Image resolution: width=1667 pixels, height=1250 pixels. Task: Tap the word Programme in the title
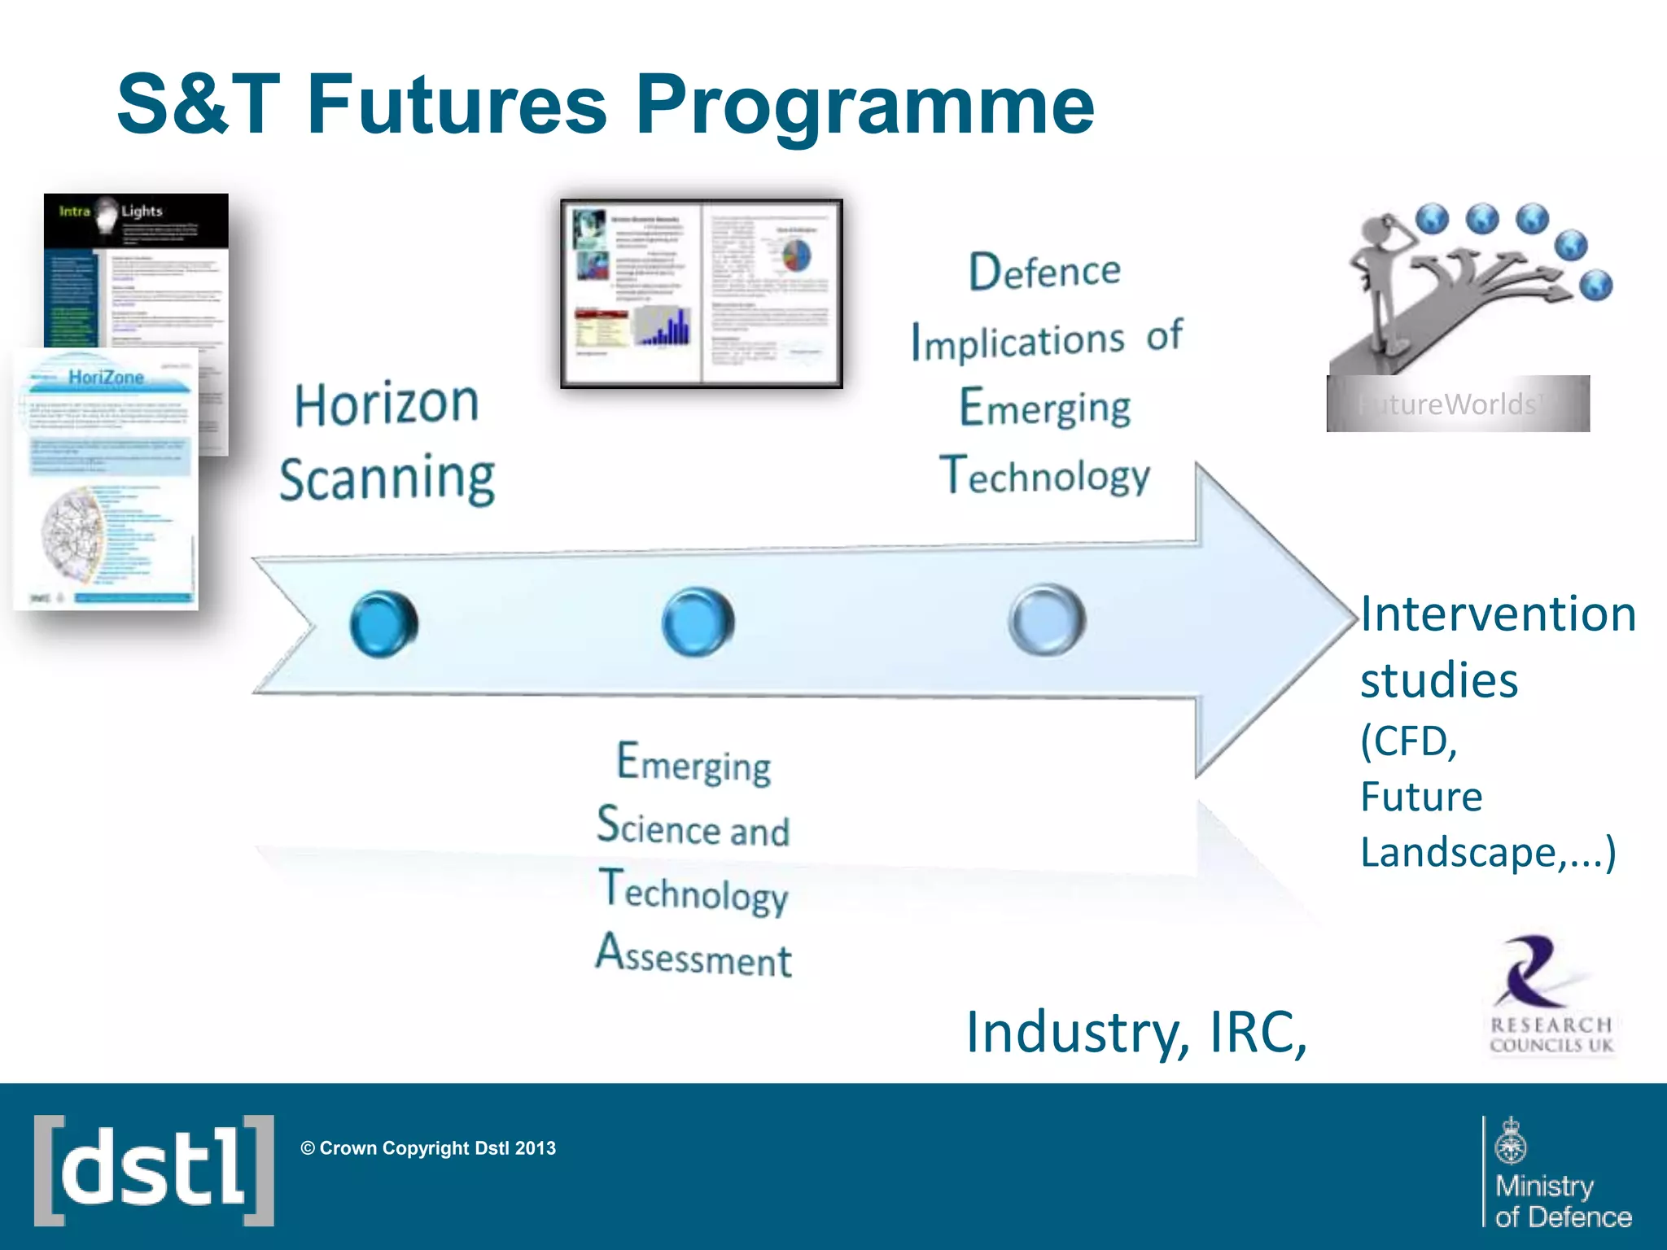point(864,106)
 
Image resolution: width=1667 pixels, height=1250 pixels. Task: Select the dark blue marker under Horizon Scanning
point(383,623)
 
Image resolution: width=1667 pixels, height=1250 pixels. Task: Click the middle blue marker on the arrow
point(698,622)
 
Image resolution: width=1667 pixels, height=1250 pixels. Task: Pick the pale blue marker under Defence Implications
point(1047,619)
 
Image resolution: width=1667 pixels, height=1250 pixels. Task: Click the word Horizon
point(387,404)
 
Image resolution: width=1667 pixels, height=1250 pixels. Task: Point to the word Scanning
point(387,479)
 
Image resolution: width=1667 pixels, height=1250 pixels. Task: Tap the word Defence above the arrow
point(1044,271)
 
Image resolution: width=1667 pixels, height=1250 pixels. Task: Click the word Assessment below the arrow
point(693,955)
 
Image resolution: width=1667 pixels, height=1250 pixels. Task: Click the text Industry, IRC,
point(1136,1032)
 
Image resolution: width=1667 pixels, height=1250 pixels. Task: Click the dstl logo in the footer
point(154,1170)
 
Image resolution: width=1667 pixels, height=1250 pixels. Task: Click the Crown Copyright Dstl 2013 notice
point(428,1148)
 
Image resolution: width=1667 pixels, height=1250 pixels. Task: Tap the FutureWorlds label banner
point(1457,404)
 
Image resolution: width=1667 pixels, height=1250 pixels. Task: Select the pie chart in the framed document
point(796,256)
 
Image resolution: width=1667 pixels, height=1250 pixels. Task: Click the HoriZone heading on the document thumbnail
point(106,378)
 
